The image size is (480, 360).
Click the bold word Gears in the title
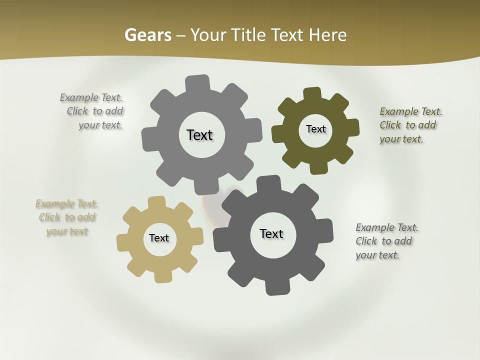point(147,35)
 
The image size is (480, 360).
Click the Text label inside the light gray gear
point(199,135)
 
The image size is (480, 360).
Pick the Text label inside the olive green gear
point(315,129)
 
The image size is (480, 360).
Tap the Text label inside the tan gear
point(159,238)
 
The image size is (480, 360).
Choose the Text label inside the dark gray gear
point(271,233)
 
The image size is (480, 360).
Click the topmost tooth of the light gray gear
point(197,82)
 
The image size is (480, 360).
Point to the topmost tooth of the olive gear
point(312,94)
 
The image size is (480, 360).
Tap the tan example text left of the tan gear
point(66,217)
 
